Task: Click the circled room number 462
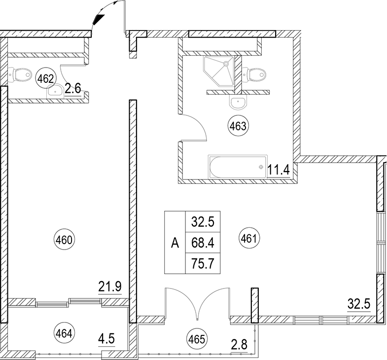(46, 79)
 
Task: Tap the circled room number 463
(238, 126)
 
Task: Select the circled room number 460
(64, 240)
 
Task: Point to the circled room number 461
(249, 239)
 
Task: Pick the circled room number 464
(64, 333)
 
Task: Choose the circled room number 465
(198, 339)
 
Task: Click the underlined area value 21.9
(110, 288)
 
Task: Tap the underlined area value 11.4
(278, 170)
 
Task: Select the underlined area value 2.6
(73, 89)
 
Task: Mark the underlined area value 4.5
(106, 339)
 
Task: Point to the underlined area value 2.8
(239, 345)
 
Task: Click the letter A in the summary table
(175, 243)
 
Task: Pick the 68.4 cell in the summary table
(203, 243)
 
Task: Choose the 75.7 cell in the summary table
(203, 263)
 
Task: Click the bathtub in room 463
(238, 167)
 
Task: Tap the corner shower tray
(218, 71)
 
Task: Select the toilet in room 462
(20, 74)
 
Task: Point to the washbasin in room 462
(55, 91)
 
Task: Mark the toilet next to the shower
(254, 73)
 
